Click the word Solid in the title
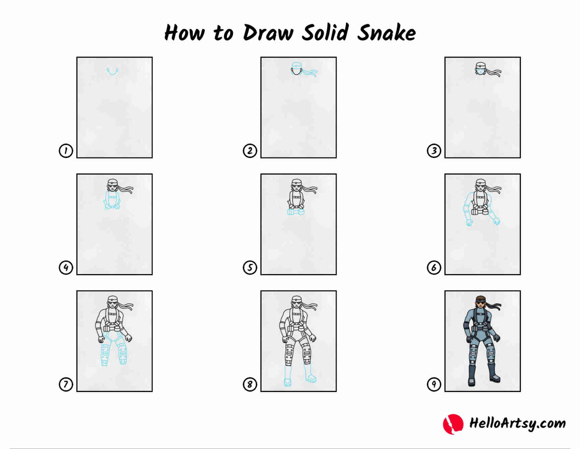coord(325,33)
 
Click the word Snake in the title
coord(387,33)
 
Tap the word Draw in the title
coord(268,33)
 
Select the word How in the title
coord(184,33)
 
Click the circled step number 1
coord(66,151)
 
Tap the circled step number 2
coord(250,151)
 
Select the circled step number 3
coord(434,151)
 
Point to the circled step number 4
coord(66,267)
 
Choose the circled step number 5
coord(250,267)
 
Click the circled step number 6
coord(434,267)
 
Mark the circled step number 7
coord(66,384)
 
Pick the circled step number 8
coord(250,384)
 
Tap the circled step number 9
coord(434,384)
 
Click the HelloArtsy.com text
coord(517,424)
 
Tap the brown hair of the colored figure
coord(480,298)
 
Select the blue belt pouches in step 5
coord(296,212)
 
